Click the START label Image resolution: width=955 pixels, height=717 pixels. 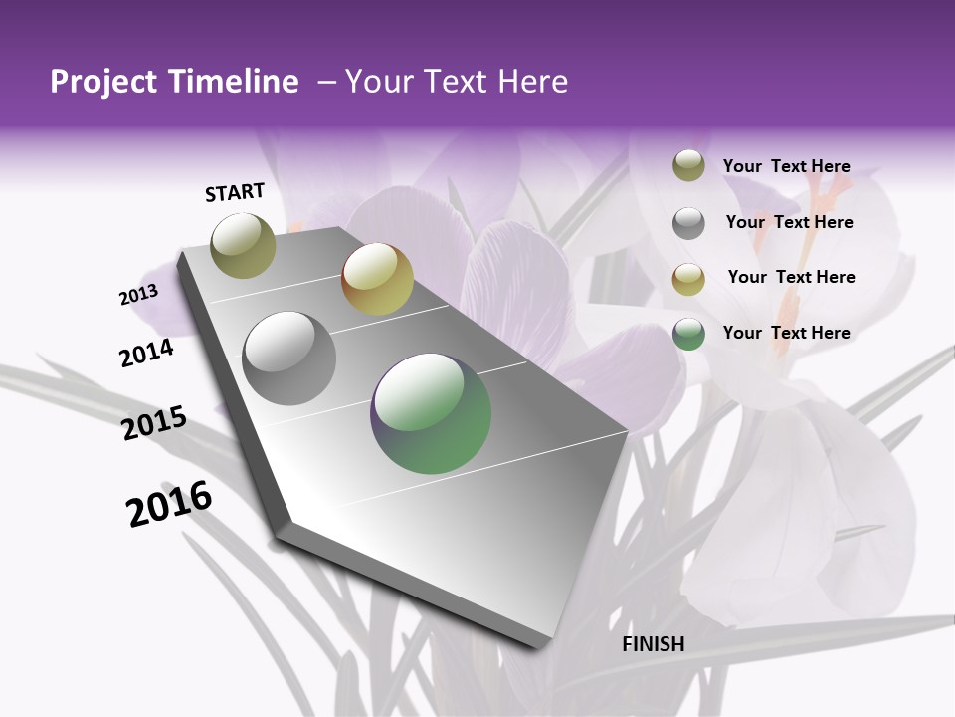coord(235,192)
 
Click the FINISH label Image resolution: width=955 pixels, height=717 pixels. coord(654,644)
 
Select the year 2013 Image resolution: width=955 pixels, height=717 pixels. coord(138,294)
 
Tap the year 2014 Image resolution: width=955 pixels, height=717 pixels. coord(147,354)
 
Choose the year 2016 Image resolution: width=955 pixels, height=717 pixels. coord(169,504)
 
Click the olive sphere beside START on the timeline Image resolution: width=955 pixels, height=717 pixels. coord(244,245)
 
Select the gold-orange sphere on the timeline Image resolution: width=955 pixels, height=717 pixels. coord(377,279)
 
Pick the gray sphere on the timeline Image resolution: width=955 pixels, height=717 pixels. coord(289,358)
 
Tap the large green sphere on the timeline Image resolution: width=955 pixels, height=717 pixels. coord(431,413)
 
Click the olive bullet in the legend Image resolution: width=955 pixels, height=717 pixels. coord(688,166)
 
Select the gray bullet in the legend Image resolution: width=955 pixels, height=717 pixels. coord(688,223)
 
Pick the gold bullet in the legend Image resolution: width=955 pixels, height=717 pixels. coord(688,278)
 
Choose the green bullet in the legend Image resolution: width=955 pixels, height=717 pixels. coord(688,334)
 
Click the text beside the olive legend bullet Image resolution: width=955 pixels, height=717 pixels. coord(786,166)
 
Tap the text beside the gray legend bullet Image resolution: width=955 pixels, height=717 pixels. coord(789,222)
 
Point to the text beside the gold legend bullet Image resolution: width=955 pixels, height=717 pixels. coord(791,277)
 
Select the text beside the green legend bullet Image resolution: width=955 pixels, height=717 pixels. coord(786,333)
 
